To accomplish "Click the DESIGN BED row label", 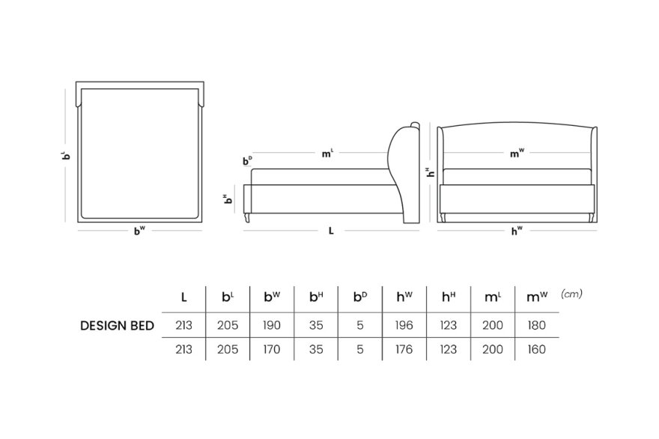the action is [117, 325].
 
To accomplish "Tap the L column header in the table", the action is [183, 297].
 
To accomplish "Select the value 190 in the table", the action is [272, 325].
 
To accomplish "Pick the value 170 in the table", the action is [272, 349].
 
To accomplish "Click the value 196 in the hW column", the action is [404, 325].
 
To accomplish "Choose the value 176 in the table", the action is [404, 349].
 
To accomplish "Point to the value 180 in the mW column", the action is [536, 325].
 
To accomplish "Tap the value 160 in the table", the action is [536, 349].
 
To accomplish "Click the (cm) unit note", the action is [571, 294].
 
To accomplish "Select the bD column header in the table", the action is [359, 297].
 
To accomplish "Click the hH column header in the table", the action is [449, 297].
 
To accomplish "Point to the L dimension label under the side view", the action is [331, 231].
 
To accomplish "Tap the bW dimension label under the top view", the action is [139, 231].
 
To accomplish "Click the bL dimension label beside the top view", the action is [66, 156].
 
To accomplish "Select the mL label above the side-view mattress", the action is [327, 154].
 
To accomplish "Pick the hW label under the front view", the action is [517, 231].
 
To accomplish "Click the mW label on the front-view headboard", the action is [517, 154].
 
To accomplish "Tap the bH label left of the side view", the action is [228, 199].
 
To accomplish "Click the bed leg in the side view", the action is [247, 217].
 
